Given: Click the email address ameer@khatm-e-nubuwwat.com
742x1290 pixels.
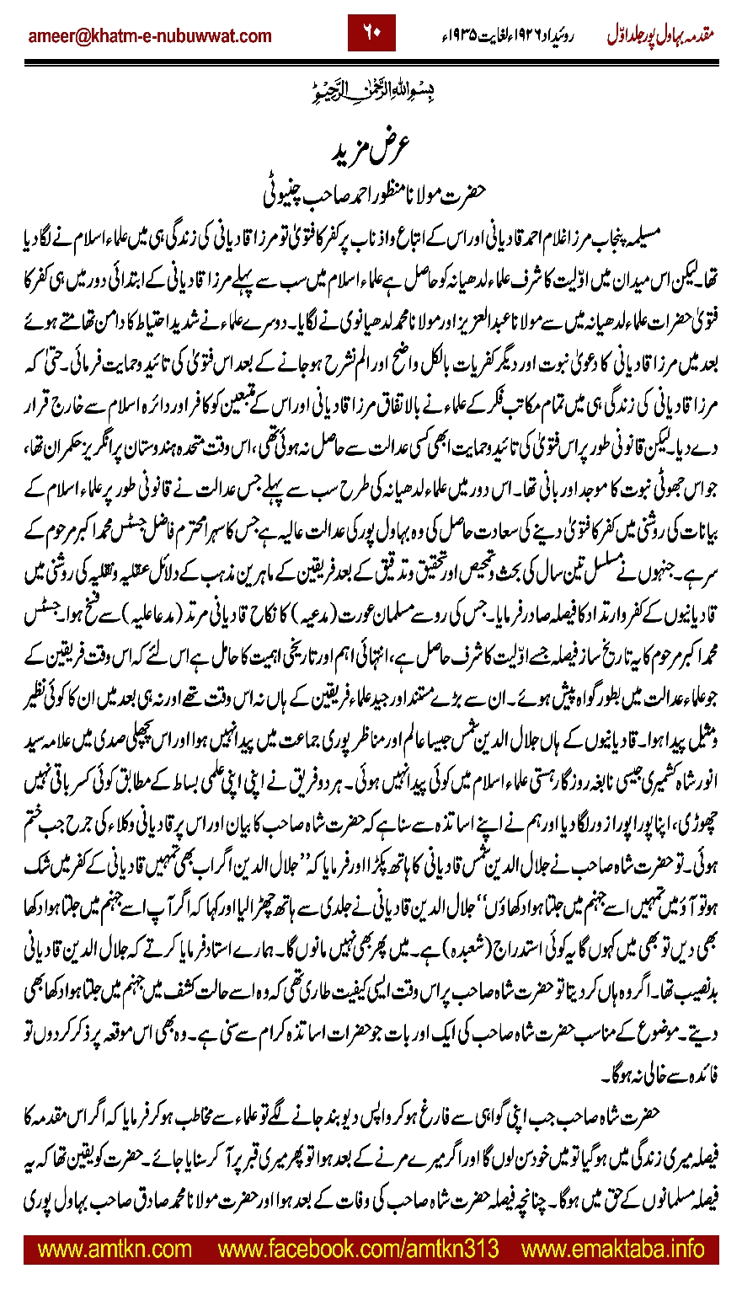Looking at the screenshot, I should (150, 35).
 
